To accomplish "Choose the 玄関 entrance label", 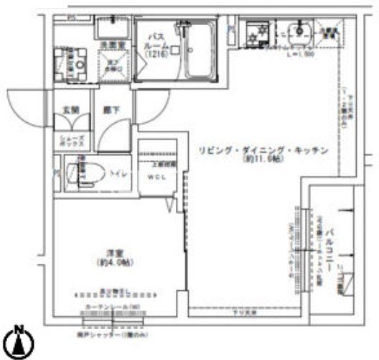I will tap(69, 111).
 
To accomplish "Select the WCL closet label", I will tap(156, 177).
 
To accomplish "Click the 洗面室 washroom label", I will tap(108, 44).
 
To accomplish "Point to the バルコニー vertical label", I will tap(331, 247).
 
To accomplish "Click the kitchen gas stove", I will tap(254, 33).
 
